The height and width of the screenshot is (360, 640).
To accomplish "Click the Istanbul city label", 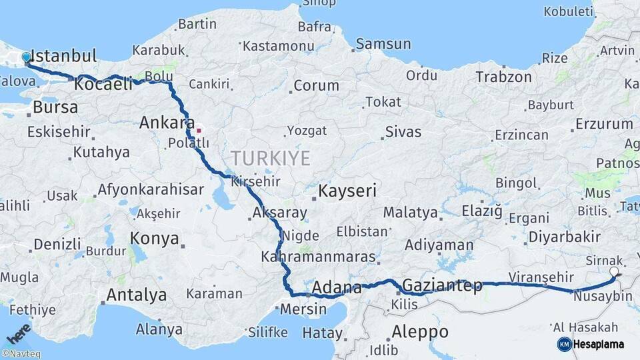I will coord(64,55).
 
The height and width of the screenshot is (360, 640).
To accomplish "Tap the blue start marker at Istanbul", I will coord(27,57).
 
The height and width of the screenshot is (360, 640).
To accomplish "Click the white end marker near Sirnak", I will coord(614,271).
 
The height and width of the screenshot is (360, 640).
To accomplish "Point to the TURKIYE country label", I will coord(271,158).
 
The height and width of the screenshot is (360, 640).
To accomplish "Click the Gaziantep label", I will coord(443,286).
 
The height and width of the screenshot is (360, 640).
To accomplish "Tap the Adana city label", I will coord(337,288).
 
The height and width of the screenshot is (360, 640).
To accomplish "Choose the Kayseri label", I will coord(347,191).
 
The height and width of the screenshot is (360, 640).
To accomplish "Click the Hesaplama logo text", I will coord(599,344).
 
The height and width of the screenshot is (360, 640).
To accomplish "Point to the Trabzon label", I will coord(503,77).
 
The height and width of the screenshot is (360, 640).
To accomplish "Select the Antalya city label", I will coord(137,295).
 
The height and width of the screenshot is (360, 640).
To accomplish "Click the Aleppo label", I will coord(420,331).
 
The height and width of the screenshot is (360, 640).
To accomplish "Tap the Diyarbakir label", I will coord(564,237).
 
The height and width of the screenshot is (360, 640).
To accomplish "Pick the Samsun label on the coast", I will coord(383,45).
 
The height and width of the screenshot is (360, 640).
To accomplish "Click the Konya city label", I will coord(154,239).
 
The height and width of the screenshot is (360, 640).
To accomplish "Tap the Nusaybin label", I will coord(603,296).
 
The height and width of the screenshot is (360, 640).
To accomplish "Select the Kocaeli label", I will coord(103,85).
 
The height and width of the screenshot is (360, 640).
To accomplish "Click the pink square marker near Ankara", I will coord(198,130).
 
